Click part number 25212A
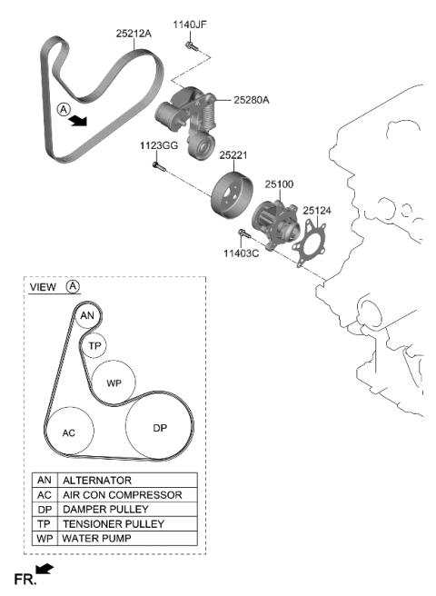pyautogui.click(x=134, y=33)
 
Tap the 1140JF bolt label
pyautogui.click(x=191, y=25)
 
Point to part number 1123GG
pyautogui.click(x=159, y=145)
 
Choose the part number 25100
pyautogui.click(x=279, y=184)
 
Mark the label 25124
pyautogui.click(x=317, y=210)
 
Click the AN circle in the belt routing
pyautogui.click(x=86, y=316)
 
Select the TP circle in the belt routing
pyautogui.click(x=94, y=346)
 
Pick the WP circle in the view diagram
pyautogui.click(x=114, y=382)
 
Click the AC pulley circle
pyautogui.click(x=69, y=432)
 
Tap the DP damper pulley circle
pyautogui.click(x=160, y=427)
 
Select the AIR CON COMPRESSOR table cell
pyautogui.click(x=122, y=494)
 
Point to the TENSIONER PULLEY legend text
pyautogui.click(x=113, y=524)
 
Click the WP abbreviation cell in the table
pyautogui.click(x=44, y=539)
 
